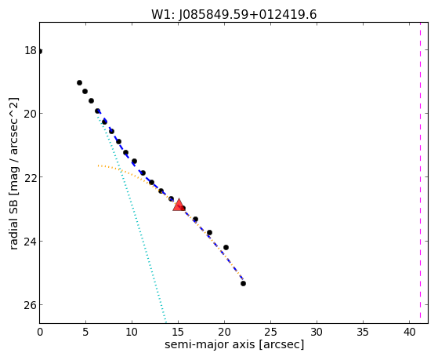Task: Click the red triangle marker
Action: coord(179,205)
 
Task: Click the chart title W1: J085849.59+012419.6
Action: coord(234,15)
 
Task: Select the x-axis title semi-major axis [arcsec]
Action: coord(234,344)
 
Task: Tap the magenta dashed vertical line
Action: coord(420,173)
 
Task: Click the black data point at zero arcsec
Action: coord(40,51)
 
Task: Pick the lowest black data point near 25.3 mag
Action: coord(243,283)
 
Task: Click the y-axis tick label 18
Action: coord(31,51)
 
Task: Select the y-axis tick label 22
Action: coord(31,177)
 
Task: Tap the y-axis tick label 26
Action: coord(31,304)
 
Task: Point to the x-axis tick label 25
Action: coord(270,332)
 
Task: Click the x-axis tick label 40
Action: coord(409,332)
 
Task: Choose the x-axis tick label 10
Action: coord(132,332)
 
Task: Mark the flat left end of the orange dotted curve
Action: coord(98,165)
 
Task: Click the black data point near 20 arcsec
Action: coord(226,247)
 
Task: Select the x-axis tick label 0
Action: coord(40,332)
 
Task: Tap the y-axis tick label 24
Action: coord(31,241)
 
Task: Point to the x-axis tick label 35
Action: coord(363,332)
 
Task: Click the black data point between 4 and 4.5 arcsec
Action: coord(79,82)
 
